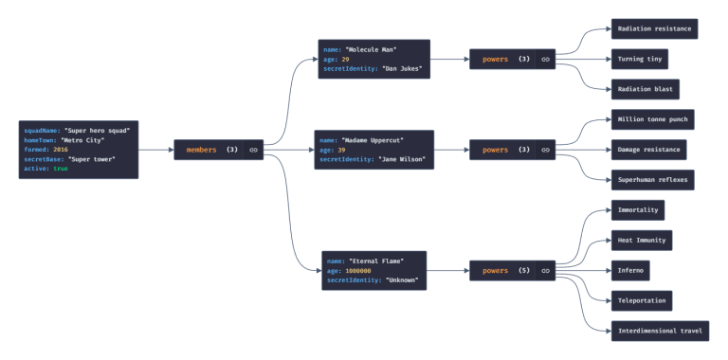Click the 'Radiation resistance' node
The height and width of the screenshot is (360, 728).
pos(654,29)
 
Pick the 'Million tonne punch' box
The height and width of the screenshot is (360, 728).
pos(653,119)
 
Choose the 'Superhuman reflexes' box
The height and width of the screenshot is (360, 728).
pos(653,180)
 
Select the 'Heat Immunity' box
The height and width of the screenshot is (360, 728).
pos(642,240)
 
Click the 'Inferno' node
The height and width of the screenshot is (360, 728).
pos(630,270)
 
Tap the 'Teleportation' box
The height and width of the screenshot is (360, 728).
pos(642,300)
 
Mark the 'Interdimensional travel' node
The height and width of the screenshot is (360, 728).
pos(660,331)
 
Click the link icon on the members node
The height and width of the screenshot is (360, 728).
pos(253,150)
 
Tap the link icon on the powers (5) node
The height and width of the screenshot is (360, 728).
pos(545,271)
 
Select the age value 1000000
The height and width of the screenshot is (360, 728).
pos(358,271)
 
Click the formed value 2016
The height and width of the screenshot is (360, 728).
pos(61,150)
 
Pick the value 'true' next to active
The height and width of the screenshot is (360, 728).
pos(61,170)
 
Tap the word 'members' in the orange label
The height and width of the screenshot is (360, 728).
pos(201,150)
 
